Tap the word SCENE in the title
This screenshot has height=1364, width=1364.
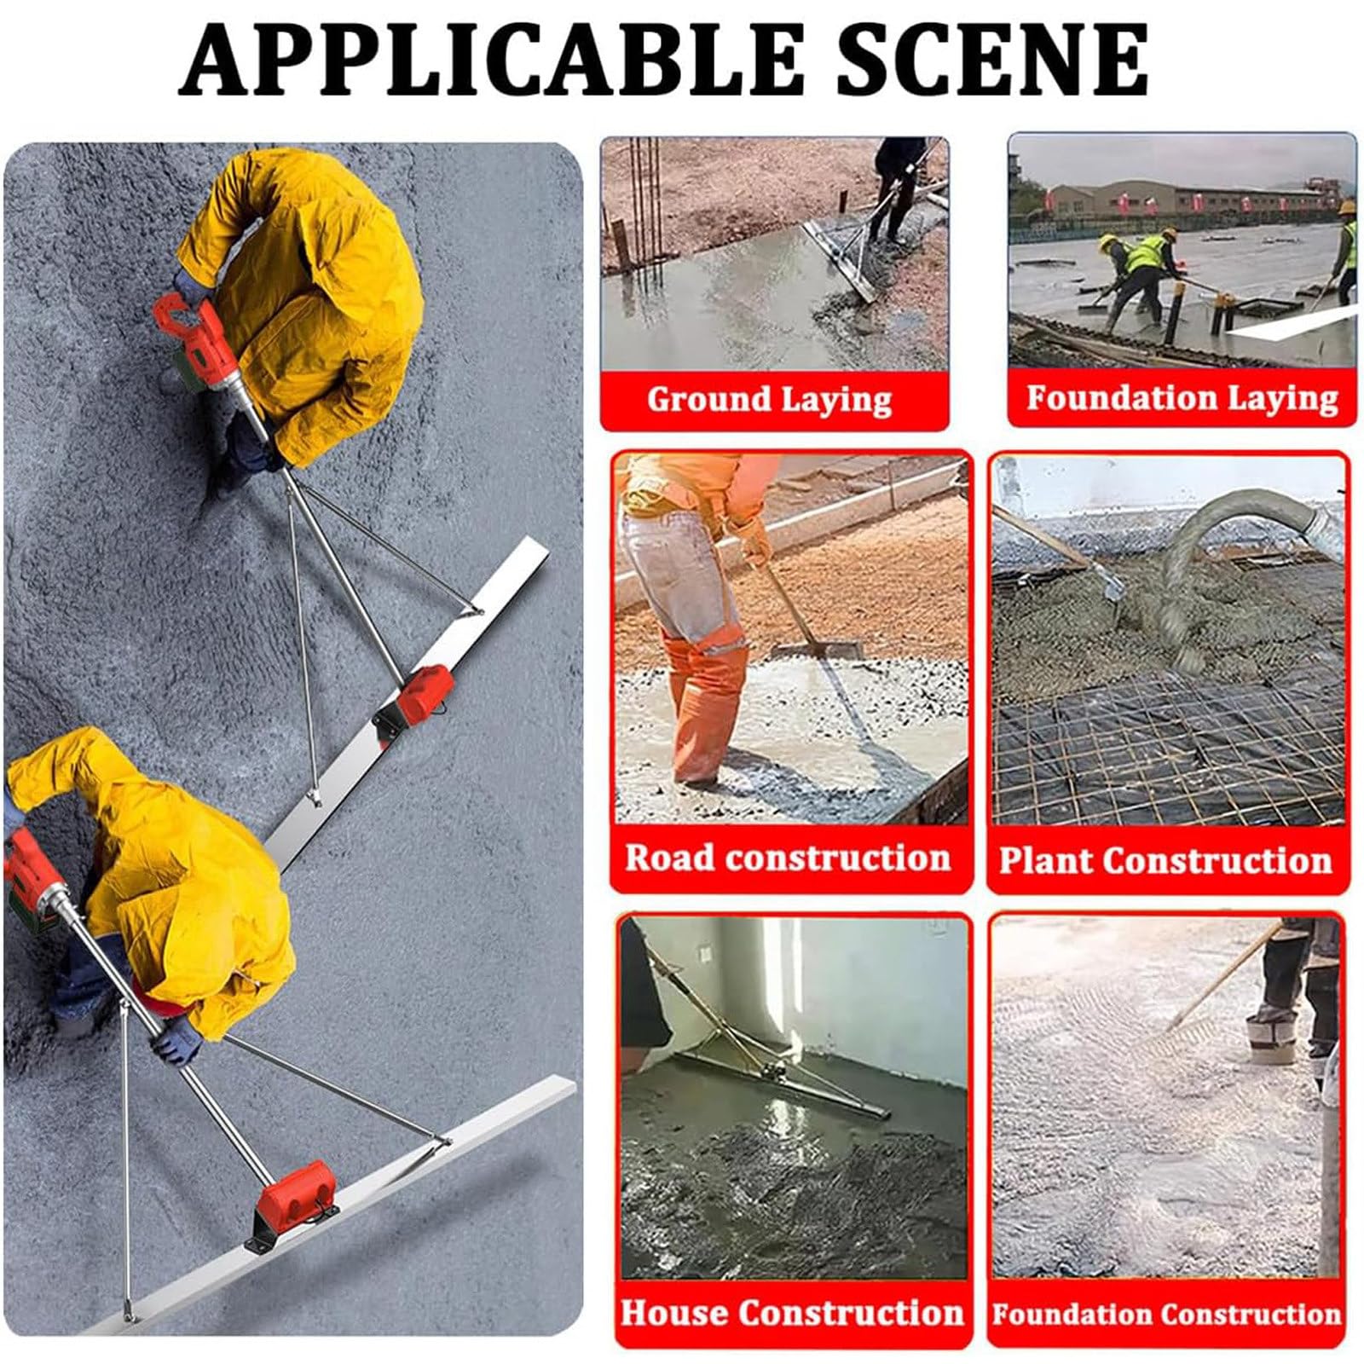pyautogui.click(x=992, y=59)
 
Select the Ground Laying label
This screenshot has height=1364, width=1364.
pyautogui.click(x=769, y=399)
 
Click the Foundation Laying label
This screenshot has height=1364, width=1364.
pyautogui.click(x=1182, y=397)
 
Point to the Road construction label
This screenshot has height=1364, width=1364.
pyautogui.click(x=788, y=857)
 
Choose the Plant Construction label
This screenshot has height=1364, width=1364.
pyautogui.click(x=1165, y=859)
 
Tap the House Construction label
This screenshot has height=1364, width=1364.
pyautogui.click(x=792, y=1312)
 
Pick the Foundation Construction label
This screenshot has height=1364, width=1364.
pyautogui.click(x=1166, y=1314)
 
